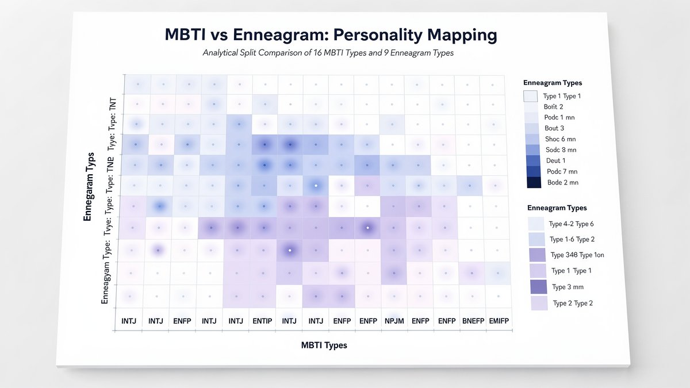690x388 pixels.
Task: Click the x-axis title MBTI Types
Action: point(324,345)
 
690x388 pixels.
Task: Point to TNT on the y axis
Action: point(112,104)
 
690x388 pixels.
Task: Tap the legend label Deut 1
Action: point(555,160)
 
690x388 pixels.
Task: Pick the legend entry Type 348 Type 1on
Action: point(577,255)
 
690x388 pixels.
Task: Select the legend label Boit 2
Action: point(553,106)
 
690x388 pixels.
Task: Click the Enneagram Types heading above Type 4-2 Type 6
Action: point(557,208)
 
